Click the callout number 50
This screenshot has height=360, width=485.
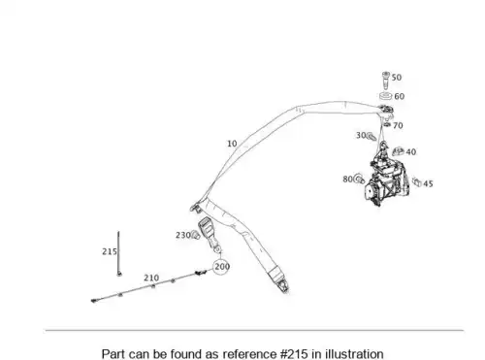(x=397, y=78)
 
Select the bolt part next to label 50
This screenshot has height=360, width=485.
(x=386, y=81)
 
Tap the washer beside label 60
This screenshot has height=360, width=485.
(x=385, y=96)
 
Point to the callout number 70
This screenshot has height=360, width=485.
(x=398, y=125)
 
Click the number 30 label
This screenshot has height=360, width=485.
(x=361, y=135)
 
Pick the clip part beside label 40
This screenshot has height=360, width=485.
(x=398, y=150)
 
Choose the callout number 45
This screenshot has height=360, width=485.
(x=428, y=183)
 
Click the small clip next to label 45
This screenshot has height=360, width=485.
(x=416, y=181)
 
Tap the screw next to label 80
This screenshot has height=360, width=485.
(x=359, y=179)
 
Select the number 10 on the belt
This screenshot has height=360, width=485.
(x=232, y=144)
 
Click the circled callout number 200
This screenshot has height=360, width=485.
(x=222, y=267)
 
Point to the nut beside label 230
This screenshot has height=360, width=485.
(x=195, y=235)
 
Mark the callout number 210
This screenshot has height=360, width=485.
(x=151, y=278)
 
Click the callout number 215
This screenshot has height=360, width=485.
(x=110, y=251)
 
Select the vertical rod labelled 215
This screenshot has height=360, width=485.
(x=119, y=253)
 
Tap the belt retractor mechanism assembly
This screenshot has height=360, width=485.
(x=386, y=178)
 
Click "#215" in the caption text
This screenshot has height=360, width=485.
(x=294, y=353)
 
